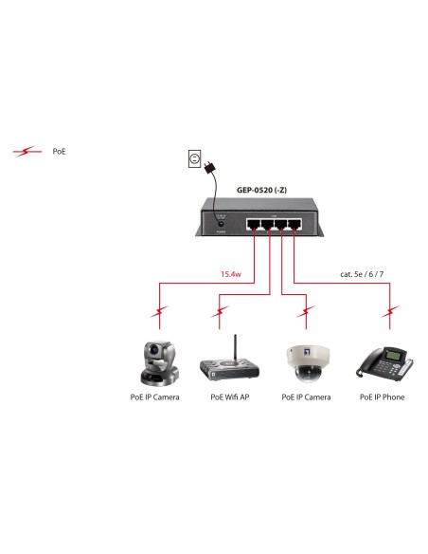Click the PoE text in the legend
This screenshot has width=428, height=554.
(59, 151)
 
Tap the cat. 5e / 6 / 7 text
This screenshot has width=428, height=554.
(360, 276)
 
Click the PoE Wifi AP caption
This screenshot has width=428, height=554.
(229, 397)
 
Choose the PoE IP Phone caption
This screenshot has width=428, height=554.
(382, 397)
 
